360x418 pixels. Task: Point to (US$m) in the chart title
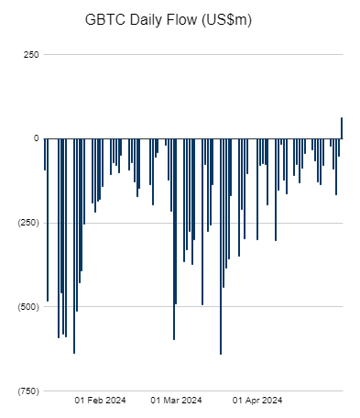250,18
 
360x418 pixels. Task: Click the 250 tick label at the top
29,54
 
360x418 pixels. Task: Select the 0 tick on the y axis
36,138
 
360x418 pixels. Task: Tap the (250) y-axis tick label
27,223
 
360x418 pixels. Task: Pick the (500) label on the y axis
27,307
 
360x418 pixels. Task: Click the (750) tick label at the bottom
27,391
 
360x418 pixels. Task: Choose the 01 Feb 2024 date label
100,400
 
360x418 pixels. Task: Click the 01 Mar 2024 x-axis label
175,400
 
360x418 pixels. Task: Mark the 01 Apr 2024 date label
257,400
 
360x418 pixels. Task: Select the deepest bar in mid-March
221,246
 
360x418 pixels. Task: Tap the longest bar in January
74,245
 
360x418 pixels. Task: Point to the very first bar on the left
45,154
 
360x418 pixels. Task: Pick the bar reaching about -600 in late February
174,238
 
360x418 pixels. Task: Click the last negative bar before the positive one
339,148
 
